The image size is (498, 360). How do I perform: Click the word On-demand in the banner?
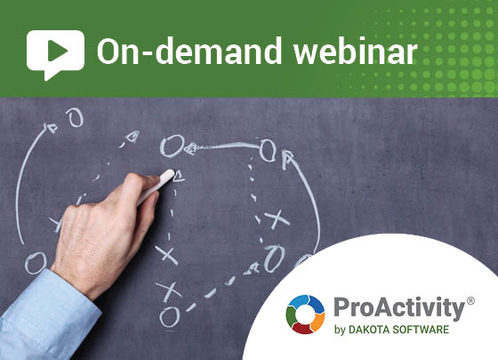189,51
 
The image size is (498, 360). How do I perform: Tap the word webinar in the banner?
356,51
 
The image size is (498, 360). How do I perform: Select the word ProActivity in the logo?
399,308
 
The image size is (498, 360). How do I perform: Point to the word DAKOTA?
369,330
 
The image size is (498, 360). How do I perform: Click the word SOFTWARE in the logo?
421,330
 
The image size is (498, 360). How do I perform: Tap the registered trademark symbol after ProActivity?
470,300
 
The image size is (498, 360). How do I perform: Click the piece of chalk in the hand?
157,187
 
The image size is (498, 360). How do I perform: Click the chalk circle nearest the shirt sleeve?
36,263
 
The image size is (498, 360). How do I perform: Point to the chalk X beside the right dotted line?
277,219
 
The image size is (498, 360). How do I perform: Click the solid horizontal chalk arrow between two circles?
222,147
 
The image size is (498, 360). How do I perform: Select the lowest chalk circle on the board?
170,316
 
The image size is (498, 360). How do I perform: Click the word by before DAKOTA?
340,330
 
